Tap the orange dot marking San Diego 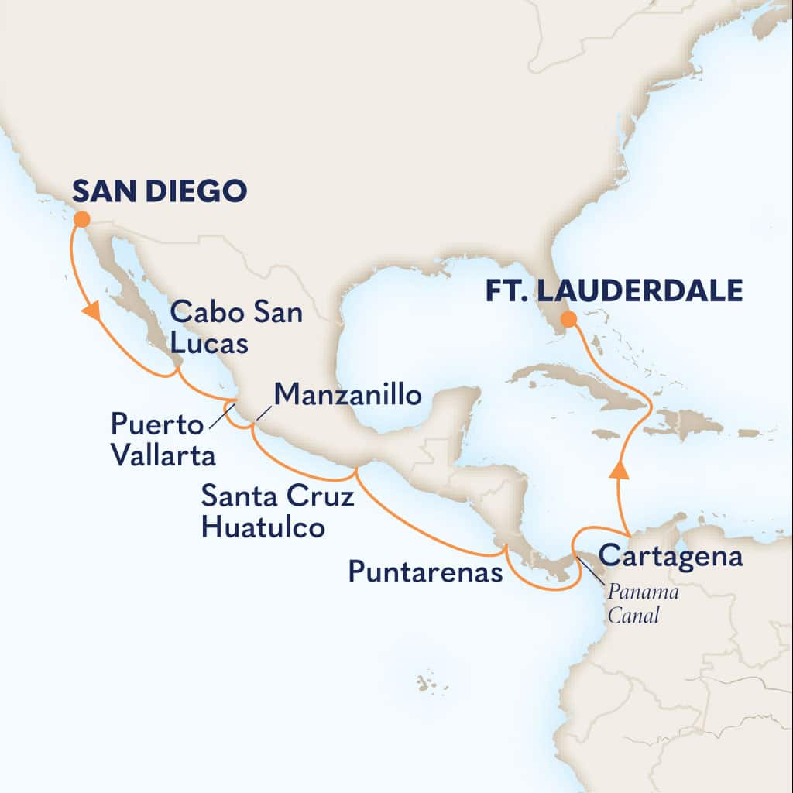click(81, 219)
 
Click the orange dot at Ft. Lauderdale click(568, 318)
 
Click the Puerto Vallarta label click(163, 439)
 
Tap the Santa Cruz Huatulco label click(277, 511)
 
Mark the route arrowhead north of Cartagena click(620, 470)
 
